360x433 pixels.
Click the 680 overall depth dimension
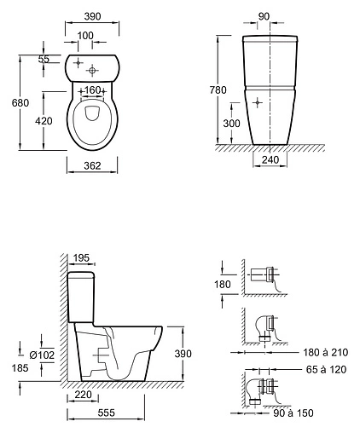click(20, 102)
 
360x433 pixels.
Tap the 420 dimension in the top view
click(44, 121)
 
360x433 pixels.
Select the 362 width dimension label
click(92, 165)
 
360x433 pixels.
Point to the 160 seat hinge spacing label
click(93, 90)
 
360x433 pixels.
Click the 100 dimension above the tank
click(85, 36)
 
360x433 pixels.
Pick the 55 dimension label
click(44, 59)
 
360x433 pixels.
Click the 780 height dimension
click(218, 90)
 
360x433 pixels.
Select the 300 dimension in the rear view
click(231, 124)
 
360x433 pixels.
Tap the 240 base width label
click(270, 160)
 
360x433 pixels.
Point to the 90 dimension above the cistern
click(264, 17)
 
